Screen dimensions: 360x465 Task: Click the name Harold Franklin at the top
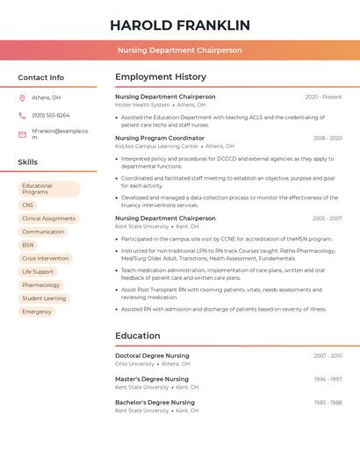tap(180, 25)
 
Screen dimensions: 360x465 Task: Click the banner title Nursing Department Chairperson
tap(180, 50)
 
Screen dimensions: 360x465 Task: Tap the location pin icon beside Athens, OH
tap(22, 98)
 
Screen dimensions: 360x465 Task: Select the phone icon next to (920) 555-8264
tap(22, 115)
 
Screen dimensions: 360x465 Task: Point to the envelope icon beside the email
tap(22, 134)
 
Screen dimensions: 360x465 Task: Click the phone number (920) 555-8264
tap(51, 115)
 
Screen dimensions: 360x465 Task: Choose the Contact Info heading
tap(40, 77)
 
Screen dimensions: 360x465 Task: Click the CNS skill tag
tap(28, 205)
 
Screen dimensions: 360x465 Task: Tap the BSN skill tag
tap(28, 245)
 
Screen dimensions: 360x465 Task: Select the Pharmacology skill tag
tap(41, 285)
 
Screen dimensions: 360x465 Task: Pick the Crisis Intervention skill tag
tap(45, 258)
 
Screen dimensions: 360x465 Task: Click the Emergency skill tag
tap(37, 311)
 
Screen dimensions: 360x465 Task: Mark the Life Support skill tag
tap(38, 272)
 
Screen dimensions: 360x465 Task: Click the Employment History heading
tap(161, 77)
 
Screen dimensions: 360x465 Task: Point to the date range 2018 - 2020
tap(328, 138)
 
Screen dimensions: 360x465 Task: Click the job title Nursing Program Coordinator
tap(160, 138)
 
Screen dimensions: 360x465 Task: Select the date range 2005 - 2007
tap(328, 218)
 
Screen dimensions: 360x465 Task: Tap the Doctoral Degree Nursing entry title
tap(152, 355)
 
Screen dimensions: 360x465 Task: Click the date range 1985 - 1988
tap(328, 403)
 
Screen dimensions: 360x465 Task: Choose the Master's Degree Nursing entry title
tap(152, 379)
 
